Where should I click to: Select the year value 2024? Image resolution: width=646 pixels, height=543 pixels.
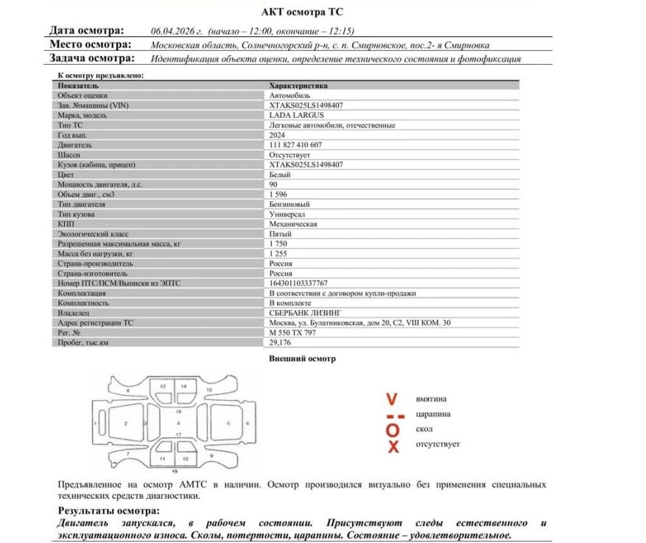[x=278, y=136]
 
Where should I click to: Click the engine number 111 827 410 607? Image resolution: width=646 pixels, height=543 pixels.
[x=295, y=145]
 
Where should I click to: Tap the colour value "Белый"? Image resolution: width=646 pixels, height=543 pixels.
[x=280, y=175]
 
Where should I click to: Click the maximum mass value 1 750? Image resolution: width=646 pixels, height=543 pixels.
[x=278, y=243]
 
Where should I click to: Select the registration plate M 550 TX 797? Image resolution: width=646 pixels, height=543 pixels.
[x=294, y=332]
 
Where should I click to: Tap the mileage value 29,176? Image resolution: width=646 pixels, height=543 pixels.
[x=280, y=343]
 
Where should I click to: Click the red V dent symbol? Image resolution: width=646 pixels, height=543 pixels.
[x=392, y=399]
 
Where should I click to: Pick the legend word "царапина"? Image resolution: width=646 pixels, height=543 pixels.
[x=434, y=414]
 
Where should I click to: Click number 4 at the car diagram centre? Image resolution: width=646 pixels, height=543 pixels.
[x=178, y=424]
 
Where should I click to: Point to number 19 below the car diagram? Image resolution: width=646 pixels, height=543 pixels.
[x=175, y=470]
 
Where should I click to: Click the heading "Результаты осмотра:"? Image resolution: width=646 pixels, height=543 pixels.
[x=108, y=511]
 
